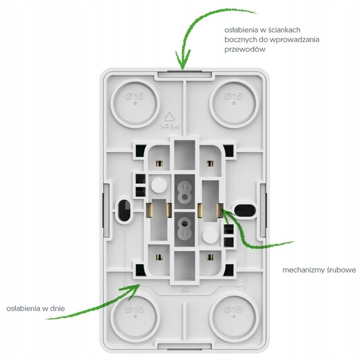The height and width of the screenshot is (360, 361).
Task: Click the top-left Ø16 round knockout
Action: (135, 104)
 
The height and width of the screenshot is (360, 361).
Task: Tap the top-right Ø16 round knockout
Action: (234, 104)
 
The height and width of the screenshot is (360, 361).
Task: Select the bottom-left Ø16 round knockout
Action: (135, 318)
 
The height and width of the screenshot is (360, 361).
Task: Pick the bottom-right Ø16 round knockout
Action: (234, 318)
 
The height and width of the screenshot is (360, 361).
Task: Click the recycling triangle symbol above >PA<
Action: (169, 117)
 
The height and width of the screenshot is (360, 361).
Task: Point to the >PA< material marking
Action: (169, 127)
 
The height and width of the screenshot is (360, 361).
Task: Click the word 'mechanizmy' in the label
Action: (303, 270)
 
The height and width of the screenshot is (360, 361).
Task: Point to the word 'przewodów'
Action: (244, 50)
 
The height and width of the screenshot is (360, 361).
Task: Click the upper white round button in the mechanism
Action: (159, 184)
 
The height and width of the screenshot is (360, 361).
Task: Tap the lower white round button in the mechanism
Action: (210, 235)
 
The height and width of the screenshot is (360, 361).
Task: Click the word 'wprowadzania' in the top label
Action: (294, 40)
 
